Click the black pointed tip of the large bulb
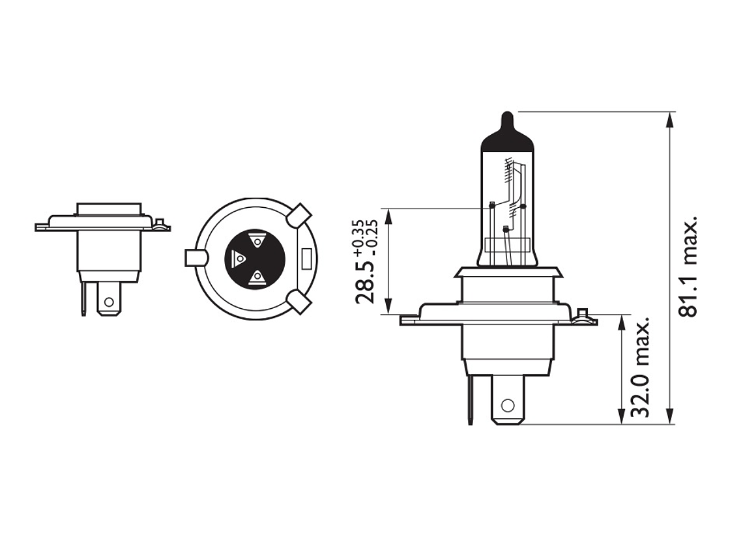508,124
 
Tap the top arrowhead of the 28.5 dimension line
388,214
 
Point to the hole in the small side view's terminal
109,302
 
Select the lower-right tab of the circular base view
300,302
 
